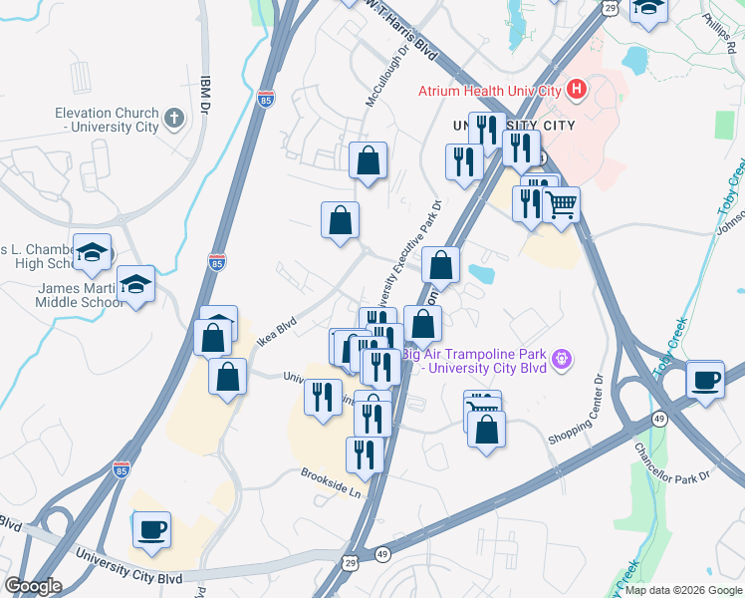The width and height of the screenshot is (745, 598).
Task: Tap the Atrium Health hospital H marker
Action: pos(576,91)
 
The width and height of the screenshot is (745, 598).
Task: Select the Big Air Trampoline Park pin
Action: pos(563,357)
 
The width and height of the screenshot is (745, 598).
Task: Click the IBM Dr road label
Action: pos(207,94)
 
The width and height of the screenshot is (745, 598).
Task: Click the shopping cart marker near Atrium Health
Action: pos(562,205)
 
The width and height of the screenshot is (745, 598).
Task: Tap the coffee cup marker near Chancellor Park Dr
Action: pos(705,380)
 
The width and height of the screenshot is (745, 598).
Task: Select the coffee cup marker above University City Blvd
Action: pos(151,530)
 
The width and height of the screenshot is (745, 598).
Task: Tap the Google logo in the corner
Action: pos(33,586)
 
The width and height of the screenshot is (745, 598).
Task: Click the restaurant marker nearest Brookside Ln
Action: pos(365,454)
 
